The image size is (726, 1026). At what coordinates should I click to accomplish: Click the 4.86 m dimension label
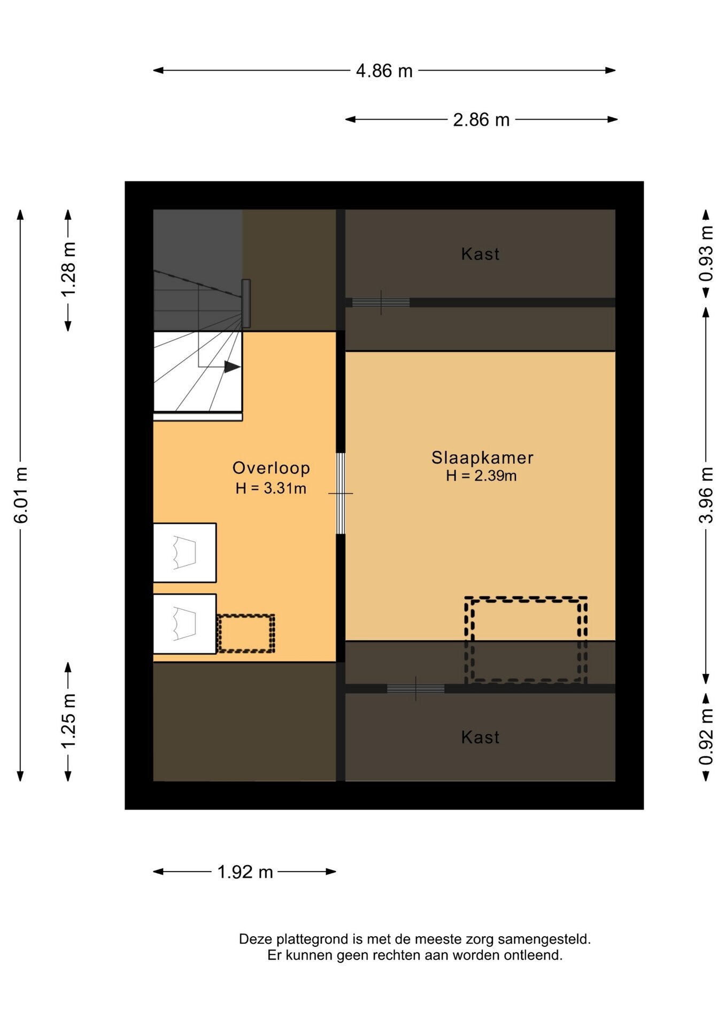384,71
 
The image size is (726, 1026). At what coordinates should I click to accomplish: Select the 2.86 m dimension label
481,120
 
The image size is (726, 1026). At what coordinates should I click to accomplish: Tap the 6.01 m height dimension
21,495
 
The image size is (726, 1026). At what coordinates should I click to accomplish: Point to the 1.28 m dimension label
68,269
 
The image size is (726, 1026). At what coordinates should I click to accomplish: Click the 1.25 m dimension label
68,721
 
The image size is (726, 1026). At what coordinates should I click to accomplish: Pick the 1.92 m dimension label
245,872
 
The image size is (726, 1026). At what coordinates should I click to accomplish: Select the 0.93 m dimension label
706,253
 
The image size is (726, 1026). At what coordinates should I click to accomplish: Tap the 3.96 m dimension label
706,495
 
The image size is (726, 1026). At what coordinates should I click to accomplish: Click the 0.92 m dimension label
706,736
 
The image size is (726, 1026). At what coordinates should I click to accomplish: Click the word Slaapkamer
482,458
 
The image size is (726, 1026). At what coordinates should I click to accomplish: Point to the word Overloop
271,468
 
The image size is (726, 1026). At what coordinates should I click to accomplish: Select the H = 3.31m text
271,488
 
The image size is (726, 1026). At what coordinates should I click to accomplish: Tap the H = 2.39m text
481,476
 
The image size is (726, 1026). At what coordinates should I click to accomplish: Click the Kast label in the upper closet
480,254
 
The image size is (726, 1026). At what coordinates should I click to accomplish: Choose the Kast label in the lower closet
480,738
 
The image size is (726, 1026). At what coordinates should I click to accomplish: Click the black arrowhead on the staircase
232,367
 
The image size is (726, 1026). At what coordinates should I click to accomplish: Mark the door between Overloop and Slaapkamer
340,493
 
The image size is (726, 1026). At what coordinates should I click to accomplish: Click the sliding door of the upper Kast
381,302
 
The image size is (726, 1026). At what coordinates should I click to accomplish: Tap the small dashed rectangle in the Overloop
245,633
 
